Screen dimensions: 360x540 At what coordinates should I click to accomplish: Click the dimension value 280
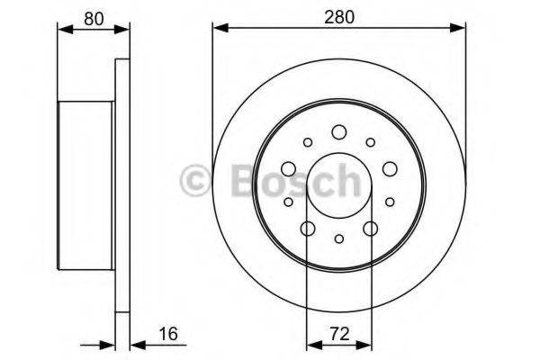coord(338,15)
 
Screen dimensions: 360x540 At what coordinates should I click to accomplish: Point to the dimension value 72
coord(338,334)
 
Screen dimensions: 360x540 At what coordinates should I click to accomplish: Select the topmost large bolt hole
coord(339,132)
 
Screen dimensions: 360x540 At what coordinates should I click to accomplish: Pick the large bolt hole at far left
coord(288,168)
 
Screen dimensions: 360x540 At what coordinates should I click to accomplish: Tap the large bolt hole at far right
coord(390,168)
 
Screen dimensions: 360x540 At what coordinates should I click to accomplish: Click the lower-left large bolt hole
coord(307,229)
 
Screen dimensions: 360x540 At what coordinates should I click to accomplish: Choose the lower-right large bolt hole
coord(371,229)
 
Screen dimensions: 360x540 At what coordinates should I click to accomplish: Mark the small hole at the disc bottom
coord(338,238)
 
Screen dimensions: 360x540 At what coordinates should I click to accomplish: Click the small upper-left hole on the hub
coord(308,142)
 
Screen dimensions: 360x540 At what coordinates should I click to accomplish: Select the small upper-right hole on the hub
coord(370,142)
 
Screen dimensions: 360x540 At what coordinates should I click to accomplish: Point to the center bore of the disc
coord(338,185)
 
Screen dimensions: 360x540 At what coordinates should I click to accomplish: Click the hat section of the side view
coord(85,185)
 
